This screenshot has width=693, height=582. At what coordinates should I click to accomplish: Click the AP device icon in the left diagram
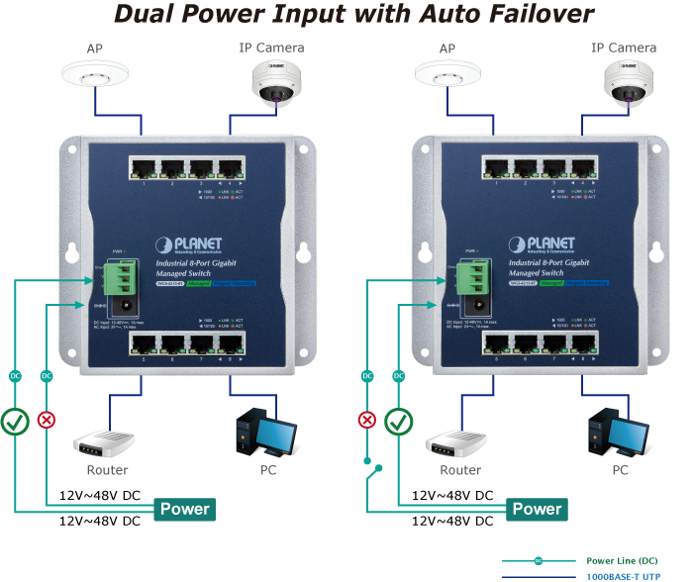tap(94, 73)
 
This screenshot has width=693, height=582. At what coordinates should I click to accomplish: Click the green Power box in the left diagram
tap(185, 510)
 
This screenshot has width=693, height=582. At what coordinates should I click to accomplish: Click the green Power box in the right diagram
tap(537, 510)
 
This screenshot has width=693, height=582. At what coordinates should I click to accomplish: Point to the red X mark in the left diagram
tap(46, 420)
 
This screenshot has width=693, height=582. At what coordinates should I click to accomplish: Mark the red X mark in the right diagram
tap(367, 420)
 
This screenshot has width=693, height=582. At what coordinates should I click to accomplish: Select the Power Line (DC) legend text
tap(628, 561)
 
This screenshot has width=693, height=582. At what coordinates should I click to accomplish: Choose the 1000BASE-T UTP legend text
tap(628, 576)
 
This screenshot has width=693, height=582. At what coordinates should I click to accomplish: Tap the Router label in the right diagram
tap(460, 471)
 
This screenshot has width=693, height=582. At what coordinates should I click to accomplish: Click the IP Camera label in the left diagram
tap(271, 48)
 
